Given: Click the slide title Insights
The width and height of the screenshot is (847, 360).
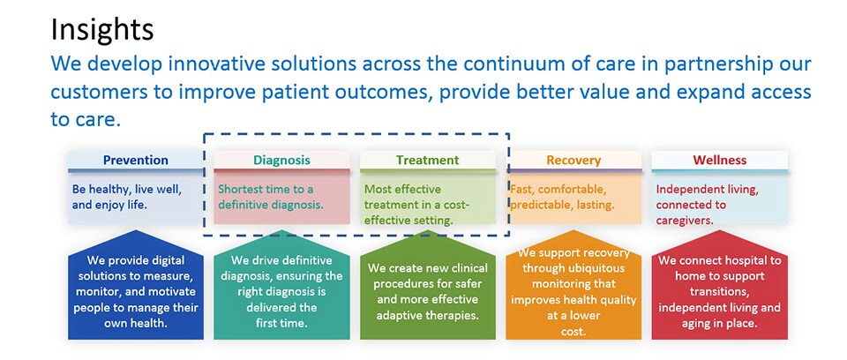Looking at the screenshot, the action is pyautogui.click(x=102, y=30).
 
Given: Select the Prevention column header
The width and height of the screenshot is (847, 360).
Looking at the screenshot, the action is pyautogui.click(x=136, y=160).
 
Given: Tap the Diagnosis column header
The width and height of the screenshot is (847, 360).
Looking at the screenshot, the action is pyautogui.click(x=282, y=160).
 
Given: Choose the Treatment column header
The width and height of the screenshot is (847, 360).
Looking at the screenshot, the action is pyautogui.click(x=427, y=160).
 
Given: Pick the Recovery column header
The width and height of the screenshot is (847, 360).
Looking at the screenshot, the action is pyautogui.click(x=573, y=160).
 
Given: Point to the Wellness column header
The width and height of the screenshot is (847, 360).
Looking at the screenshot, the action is pyautogui.click(x=720, y=160).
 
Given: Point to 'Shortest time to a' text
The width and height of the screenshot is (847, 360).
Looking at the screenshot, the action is pyautogui.click(x=266, y=190).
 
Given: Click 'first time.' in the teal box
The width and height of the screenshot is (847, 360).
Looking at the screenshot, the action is pyautogui.click(x=281, y=323).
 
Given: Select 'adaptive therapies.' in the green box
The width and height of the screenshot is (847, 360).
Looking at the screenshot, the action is pyautogui.click(x=427, y=315).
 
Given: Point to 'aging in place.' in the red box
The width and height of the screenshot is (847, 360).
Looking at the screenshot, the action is pyautogui.click(x=719, y=323).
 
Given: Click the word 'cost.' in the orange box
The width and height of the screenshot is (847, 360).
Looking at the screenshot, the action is pyautogui.click(x=573, y=331).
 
